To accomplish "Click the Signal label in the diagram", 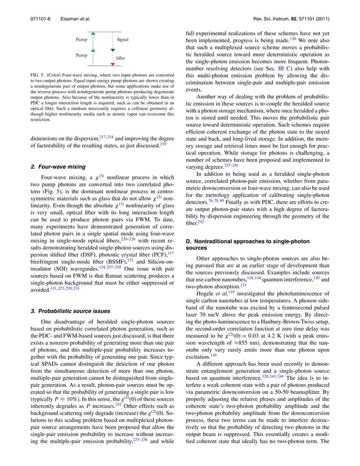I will (x=122, y=40).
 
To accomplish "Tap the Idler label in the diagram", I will (x=120, y=58).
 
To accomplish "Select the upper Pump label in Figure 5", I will (x=81, y=40).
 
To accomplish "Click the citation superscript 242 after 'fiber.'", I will (x=201, y=222).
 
